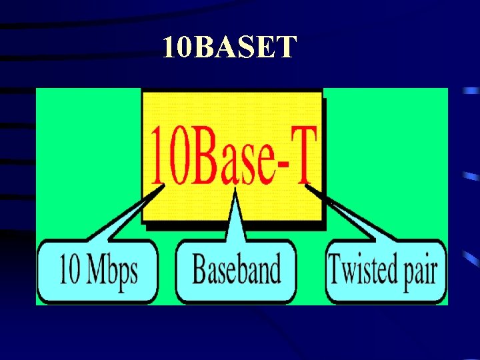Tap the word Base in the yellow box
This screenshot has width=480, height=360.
(227, 156)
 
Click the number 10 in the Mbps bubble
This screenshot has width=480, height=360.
(69, 270)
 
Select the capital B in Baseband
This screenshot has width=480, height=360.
(199, 269)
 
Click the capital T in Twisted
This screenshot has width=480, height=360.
(335, 269)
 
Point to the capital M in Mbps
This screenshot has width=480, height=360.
(95, 269)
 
